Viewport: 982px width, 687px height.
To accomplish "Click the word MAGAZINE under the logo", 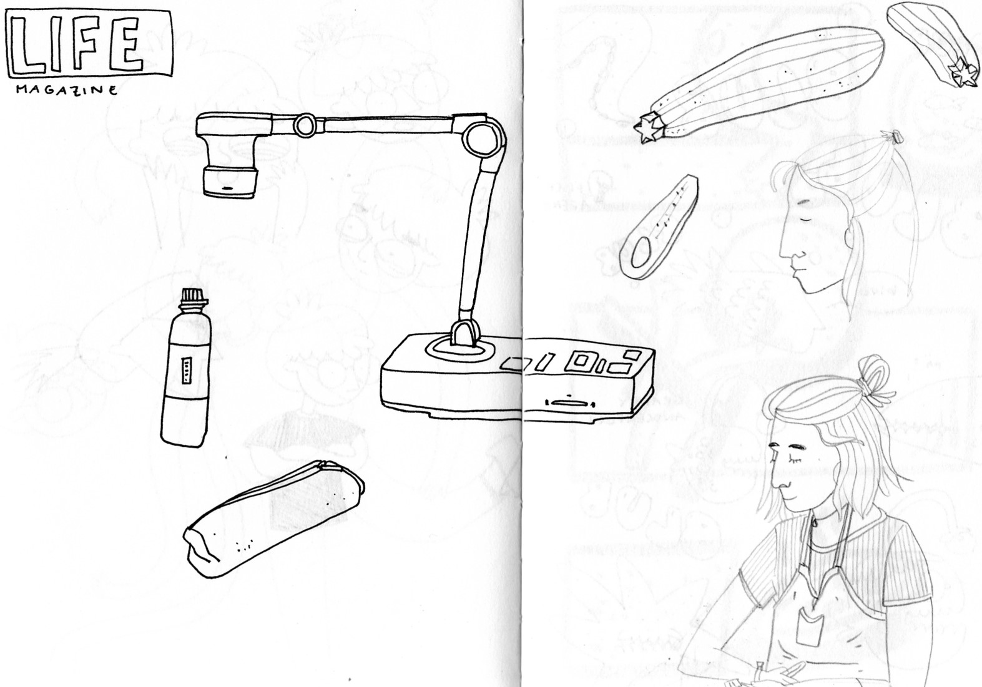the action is coord(67,90).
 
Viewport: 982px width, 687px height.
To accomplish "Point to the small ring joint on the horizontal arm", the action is coord(305,125).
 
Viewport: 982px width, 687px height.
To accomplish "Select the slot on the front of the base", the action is coord(569,402).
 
